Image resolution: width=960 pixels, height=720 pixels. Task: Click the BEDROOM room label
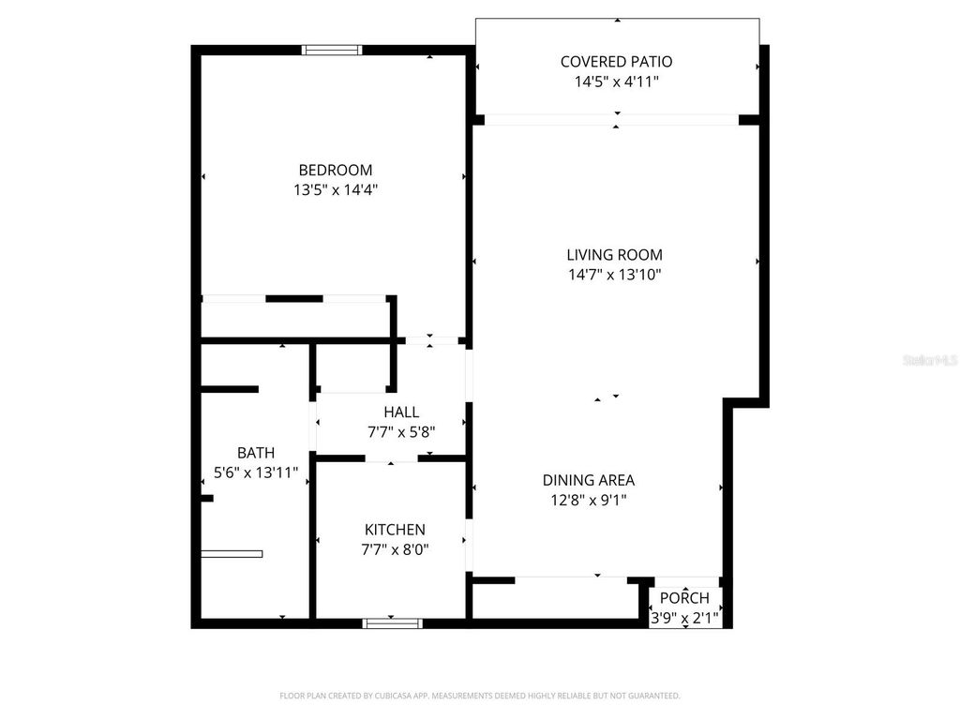click(x=335, y=170)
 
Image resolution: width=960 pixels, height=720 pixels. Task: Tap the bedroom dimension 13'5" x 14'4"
click(x=335, y=190)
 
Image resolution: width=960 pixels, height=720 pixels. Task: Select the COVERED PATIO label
click(x=616, y=62)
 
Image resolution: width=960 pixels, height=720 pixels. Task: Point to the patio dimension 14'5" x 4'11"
click(x=616, y=82)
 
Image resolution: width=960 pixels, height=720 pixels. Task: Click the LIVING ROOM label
click(x=614, y=254)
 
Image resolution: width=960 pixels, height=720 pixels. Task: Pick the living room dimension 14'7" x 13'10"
click(x=614, y=275)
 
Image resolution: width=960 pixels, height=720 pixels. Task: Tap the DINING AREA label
click(x=588, y=480)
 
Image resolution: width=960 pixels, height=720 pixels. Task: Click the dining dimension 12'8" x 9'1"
click(x=588, y=501)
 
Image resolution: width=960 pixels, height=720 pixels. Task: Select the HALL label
click(x=401, y=412)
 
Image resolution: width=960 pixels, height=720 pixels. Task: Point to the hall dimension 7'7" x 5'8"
click(x=401, y=432)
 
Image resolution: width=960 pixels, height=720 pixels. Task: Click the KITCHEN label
click(x=395, y=530)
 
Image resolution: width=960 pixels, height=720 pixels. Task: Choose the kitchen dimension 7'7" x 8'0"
click(x=395, y=550)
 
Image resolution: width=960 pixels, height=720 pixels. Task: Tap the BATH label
click(x=256, y=453)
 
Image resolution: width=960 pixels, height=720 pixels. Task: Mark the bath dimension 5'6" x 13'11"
click(x=256, y=473)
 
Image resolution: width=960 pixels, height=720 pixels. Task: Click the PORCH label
click(x=684, y=598)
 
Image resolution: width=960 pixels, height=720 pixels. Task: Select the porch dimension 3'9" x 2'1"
click(x=684, y=618)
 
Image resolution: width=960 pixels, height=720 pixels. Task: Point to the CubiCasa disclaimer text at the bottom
click(x=480, y=696)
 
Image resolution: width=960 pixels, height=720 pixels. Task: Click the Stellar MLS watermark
click(x=930, y=360)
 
